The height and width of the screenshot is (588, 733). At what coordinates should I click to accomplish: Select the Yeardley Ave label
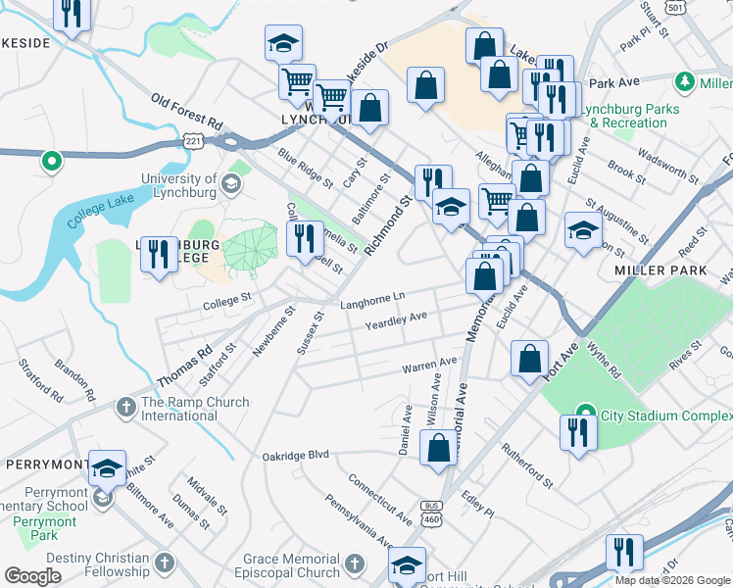coord(396,320)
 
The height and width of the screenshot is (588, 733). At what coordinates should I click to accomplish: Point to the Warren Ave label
coord(429,366)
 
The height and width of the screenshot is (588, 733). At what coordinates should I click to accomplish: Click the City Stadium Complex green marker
coord(585,412)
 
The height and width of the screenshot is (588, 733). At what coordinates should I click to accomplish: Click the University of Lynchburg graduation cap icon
coord(229,184)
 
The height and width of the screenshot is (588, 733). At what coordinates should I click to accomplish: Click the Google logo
coord(32,576)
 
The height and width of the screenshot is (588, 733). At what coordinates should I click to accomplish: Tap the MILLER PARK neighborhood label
coord(648,269)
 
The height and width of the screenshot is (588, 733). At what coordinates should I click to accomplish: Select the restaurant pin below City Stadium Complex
coord(578,431)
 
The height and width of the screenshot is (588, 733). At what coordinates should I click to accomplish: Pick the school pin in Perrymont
coord(107,466)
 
